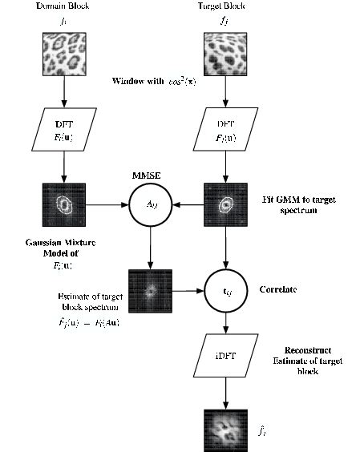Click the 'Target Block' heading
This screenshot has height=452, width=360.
click(x=222, y=7)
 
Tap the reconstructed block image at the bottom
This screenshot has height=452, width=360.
click(x=223, y=428)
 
